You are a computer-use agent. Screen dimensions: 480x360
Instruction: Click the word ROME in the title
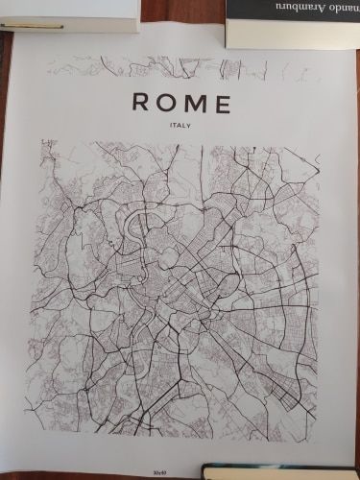click(180, 103)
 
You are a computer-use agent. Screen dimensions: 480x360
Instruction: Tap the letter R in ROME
click(140, 103)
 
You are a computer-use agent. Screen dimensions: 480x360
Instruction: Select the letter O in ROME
click(166, 103)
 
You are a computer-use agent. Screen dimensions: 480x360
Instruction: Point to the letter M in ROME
click(194, 103)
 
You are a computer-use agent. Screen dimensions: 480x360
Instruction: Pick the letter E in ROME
click(221, 103)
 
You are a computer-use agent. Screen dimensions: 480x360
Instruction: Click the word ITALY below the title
click(180, 125)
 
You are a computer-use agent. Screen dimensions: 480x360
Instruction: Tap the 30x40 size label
click(158, 472)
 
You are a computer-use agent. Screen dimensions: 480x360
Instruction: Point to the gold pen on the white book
click(38, 26)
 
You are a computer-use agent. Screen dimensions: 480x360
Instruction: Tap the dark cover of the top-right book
click(288, 12)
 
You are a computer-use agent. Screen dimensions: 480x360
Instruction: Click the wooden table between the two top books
click(182, 14)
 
